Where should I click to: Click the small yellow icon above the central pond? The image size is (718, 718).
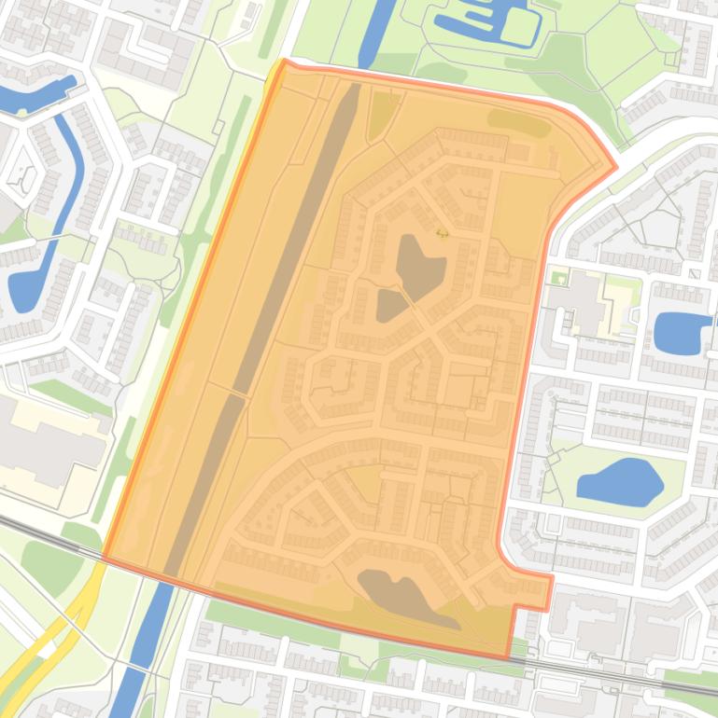coord(442,232)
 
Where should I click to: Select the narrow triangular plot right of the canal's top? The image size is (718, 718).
coord(383,112)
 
